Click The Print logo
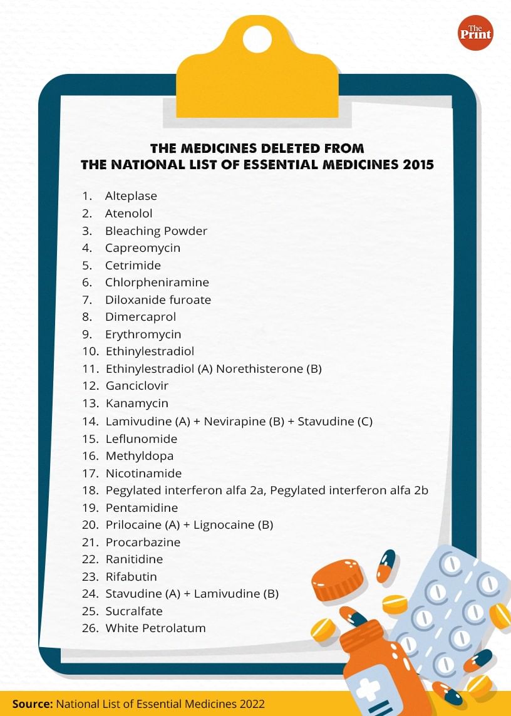click(x=475, y=33)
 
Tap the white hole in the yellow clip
click(x=257, y=40)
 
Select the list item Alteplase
click(x=131, y=196)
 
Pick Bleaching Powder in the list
click(x=156, y=231)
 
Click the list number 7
click(x=86, y=299)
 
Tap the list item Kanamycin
click(x=137, y=403)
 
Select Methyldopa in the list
click(x=139, y=456)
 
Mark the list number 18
click(x=90, y=490)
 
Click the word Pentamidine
click(x=142, y=507)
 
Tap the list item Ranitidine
click(x=134, y=559)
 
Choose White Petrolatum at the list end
click(x=155, y=628)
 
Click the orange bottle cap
click(x=338, y=579)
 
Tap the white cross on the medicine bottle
click(x=367, y=690)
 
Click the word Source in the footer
click(x=32, y=703)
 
